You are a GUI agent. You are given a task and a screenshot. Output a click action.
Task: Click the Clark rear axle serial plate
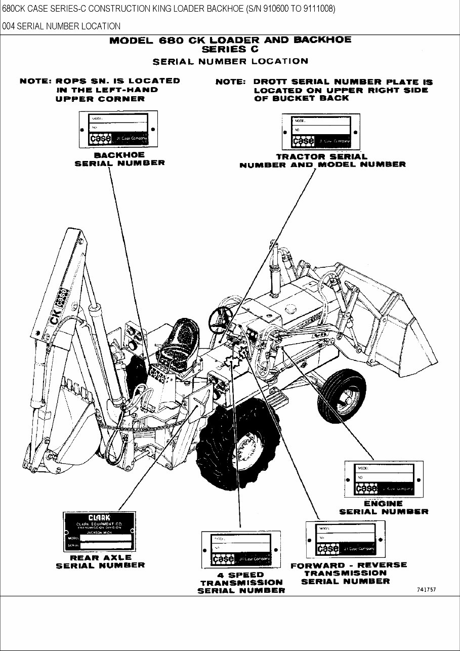click(99, 532)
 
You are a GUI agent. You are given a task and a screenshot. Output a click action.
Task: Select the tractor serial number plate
click(320, 132)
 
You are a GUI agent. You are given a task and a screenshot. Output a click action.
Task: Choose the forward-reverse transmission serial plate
click(347, 540)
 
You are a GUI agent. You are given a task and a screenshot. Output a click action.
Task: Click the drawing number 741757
click(427, 590)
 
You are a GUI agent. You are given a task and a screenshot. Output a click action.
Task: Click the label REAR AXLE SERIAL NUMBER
click(100, 561)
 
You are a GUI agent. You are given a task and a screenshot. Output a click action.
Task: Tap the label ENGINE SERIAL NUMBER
click(384, 508)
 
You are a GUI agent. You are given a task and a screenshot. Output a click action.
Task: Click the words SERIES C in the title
click(230, 49)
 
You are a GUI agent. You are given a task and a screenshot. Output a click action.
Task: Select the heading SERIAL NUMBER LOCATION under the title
click(230, 61)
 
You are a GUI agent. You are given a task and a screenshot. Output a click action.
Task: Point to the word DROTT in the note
click(272, 82)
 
